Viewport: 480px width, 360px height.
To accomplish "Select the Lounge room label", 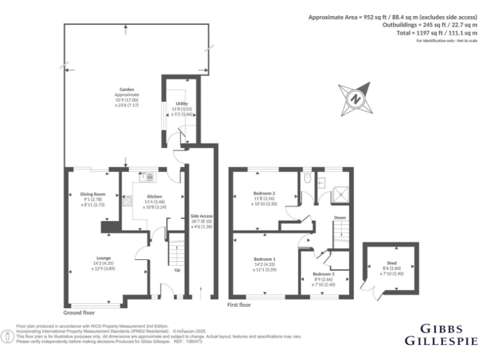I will [104, 257].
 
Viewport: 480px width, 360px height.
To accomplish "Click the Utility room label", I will [182, 104].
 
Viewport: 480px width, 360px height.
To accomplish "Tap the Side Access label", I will [202, 216].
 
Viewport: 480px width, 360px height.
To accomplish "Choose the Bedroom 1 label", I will [264, 259].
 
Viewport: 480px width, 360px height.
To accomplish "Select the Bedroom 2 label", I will [264, 192].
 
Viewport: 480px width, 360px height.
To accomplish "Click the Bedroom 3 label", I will [324, 274].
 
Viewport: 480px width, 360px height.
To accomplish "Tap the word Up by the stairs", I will [178, 271].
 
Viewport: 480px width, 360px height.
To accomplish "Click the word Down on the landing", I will [339, 217].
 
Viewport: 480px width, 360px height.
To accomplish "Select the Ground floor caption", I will [79, 312].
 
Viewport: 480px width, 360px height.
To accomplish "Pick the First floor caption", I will [240, 305].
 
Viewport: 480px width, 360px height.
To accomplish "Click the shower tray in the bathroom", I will [341, 191].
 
